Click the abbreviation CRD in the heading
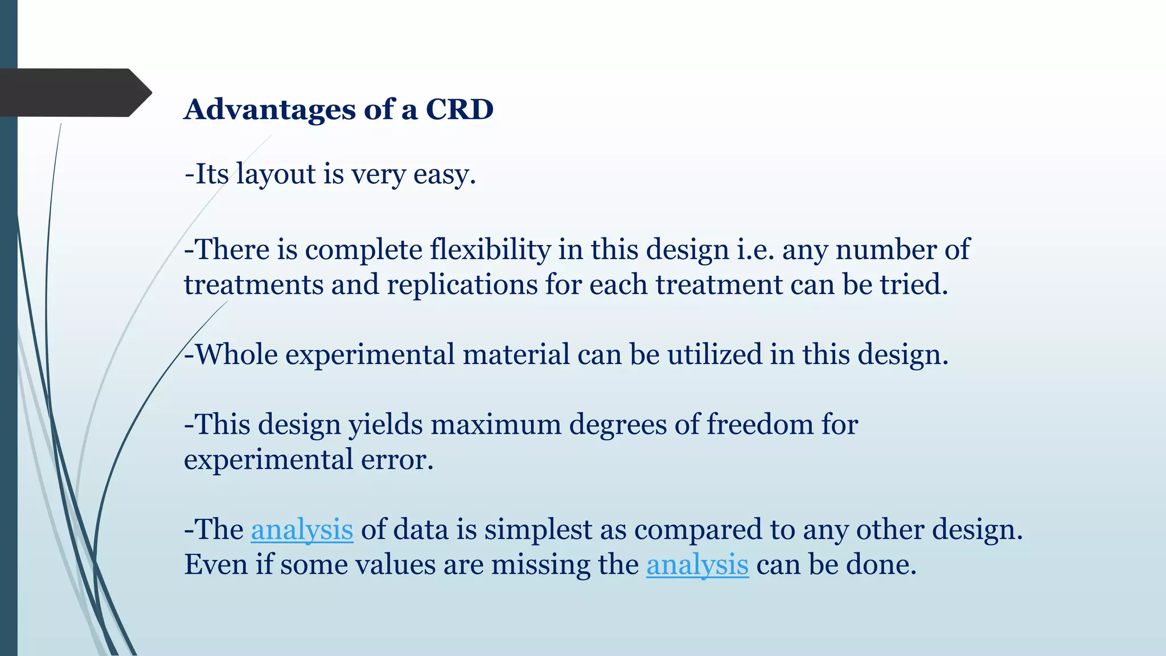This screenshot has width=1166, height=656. click(459, 109)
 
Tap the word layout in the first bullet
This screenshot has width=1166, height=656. click(276, 174)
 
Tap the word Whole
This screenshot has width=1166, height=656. click(236, 355)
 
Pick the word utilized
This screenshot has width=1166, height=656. click(715, 355)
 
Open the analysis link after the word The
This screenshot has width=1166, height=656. click(302, 530)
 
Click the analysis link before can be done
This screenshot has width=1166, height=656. click(697, 565)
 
